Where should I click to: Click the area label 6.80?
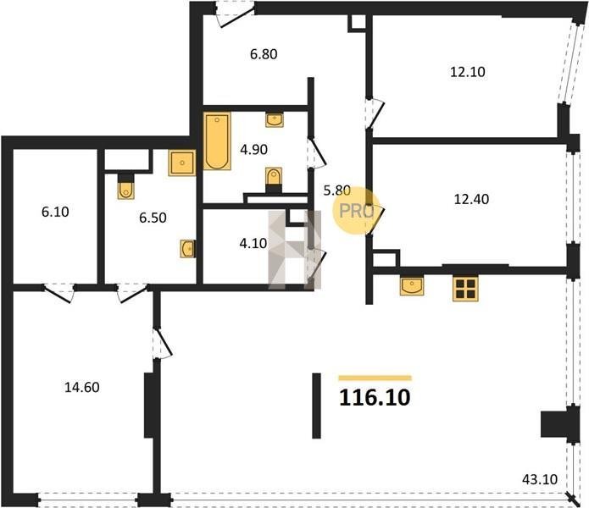[x=264, y=54]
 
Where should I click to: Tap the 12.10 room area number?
[x=468, y=71]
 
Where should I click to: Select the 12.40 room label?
[x=471, y=199]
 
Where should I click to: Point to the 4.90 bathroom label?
[x=254, y=150]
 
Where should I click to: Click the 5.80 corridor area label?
[x=337, y=190]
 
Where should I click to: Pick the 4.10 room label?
[x=253, y=244]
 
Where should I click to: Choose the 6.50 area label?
[x=153, y=218]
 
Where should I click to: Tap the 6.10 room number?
[x=55, y=212]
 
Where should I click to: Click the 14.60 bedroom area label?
[x=82, y=387]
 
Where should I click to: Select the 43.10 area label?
[x=540, y=479]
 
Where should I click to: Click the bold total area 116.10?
[x=375, y=398]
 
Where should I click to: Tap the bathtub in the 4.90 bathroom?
[x=217, y=141]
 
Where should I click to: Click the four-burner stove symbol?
[x=465, y=289]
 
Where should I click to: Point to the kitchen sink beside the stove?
[x=412, y=286]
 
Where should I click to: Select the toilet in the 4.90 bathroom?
[x=274, y=178]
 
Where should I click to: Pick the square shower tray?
[x=182, y=163]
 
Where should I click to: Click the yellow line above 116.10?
[x=375, y=378]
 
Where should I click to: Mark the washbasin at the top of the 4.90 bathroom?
[x=275, y=120]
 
